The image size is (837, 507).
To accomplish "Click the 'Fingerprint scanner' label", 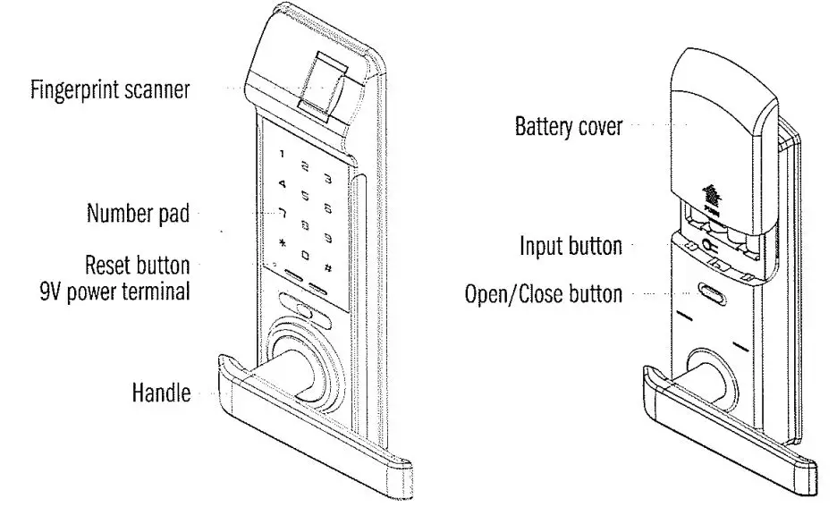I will (x=109, y=91).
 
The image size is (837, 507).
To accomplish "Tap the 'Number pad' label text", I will (x=138, y=215).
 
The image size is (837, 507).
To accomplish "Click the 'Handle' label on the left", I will (x=161, y=393).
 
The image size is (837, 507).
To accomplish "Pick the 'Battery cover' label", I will (x=569, y=126).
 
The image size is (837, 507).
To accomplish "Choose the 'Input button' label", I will (x=571, y=246).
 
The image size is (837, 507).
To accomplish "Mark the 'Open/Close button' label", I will (x=543, y=293).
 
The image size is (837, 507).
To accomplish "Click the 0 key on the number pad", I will (x=305, y=255).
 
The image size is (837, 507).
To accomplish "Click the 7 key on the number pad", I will (x=283, y=213).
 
